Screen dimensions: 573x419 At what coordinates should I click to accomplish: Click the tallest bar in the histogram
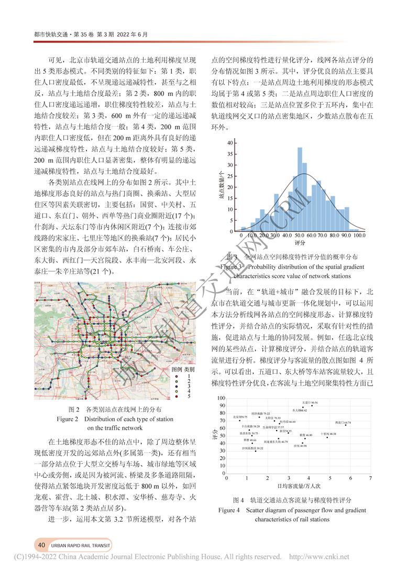point(300,189)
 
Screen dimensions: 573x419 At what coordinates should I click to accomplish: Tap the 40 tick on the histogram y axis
point(229,143)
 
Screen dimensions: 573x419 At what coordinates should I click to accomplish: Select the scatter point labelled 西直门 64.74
point(346,425)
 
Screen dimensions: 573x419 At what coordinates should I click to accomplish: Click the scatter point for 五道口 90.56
point(312,406)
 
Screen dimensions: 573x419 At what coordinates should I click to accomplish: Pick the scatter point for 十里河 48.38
point(327,437)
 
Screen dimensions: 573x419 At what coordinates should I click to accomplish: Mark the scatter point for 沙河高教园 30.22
point(256,451)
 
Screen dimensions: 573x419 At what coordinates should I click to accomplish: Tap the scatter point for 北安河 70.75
point(239,420)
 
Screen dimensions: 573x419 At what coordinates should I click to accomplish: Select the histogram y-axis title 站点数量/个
point(222,186)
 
